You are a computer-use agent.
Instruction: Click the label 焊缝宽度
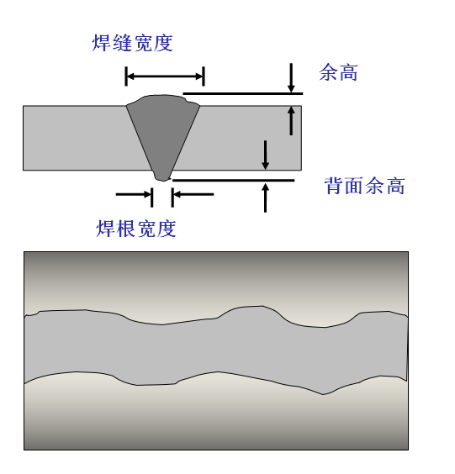[x=132, y=43]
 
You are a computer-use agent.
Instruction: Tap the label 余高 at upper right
[x=339, y=72]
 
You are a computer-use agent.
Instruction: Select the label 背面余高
[x=364, y=186]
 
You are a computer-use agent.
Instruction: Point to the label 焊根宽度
[x=136, y=229]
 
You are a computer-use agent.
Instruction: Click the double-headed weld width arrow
[x=165, y=76]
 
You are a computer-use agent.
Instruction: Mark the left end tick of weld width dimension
[x=126, y=76]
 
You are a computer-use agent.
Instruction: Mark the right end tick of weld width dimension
[x=204, y=76]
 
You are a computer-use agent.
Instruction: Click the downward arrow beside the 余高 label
[x=291, y=77]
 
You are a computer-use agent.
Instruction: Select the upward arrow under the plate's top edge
[x=291, y=121]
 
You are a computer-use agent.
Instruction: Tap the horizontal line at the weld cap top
[x=243, y=94]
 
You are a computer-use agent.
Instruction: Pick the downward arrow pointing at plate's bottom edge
[x=265, y=155]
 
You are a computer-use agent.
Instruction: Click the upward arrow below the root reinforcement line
[x=265, y=197]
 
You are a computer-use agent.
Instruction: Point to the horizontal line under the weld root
[x=233, y=181]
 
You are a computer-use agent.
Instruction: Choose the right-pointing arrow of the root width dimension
[x=134, y=194]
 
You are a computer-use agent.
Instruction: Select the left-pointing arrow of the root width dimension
[x=193, y=194]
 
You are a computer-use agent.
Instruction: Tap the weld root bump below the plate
[x=163, y=176]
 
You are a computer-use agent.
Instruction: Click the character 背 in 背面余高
[x=334, y=186]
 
